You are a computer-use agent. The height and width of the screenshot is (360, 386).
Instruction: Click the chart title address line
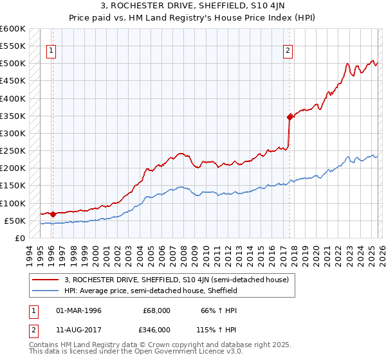click(193, 7)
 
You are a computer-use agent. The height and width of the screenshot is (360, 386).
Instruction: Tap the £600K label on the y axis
click(12, 29)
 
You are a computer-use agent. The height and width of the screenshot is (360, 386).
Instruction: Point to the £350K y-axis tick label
click(12, 116)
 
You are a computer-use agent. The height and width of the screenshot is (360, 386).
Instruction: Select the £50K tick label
click(15, 221)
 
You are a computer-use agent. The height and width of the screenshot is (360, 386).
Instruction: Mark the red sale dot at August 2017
click(289, 117)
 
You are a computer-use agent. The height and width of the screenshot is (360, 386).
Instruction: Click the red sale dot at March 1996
click(52, 214)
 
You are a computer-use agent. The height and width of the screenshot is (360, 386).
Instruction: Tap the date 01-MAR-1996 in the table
click(79, 310)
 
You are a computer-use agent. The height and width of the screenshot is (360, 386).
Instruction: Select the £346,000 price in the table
click(157, 329)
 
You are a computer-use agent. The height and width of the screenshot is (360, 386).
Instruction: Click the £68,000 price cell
click(157, 310)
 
